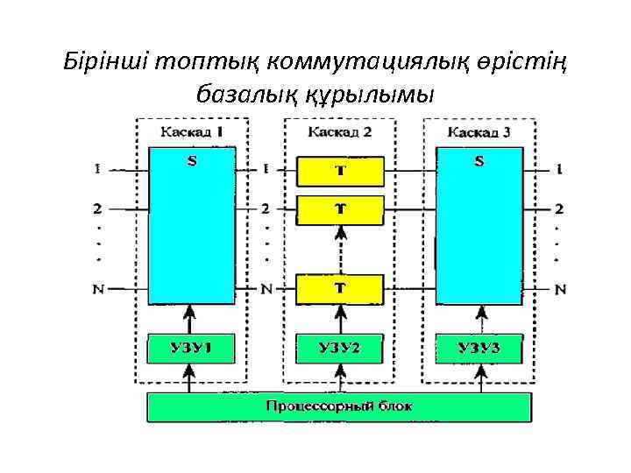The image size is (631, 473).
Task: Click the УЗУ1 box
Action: click(x=191, y=349)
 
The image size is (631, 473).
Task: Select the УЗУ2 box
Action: click(x=339, y=349)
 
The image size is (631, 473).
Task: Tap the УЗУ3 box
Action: click(x=479, y=349)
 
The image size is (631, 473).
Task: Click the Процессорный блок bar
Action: click(x=339, y=407)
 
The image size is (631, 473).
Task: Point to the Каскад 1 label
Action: click(x=192, y=132)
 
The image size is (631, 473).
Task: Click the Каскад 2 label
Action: click(x=340, y=132)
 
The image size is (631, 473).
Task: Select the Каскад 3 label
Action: click(x=479, y=132)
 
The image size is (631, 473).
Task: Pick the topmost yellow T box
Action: click(x=340, y=172)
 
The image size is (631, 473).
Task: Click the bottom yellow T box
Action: click(x=340, y=288)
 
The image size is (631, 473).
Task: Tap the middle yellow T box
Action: click(x=340, y=210)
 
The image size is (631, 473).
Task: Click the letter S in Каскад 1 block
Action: click(x=192, y=161)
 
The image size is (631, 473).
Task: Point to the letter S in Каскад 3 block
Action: click(x=479, y=161)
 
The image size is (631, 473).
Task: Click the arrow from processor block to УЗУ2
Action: click(x=340, y=378)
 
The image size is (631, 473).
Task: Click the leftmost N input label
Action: click(x=98, y=290)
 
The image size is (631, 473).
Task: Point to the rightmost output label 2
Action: click(x=559, y=208)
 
